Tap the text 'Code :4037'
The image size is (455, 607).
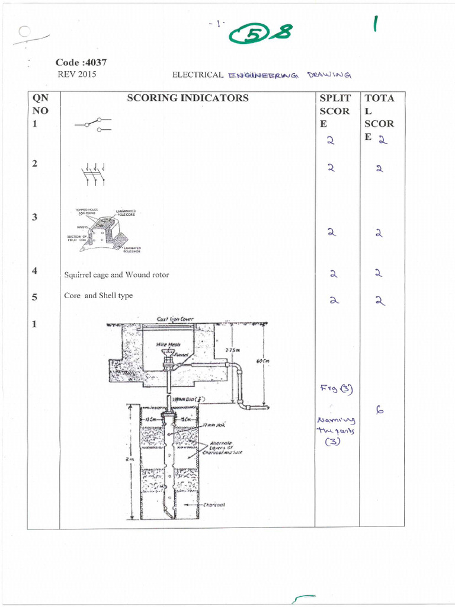tap(81, 63)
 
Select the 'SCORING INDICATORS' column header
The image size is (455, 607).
tap(188, 98)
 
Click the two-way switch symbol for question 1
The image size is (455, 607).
tap(93, 124)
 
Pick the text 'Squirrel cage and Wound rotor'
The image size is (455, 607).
tap(116, 275)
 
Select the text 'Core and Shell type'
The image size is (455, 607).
tap(98, 295)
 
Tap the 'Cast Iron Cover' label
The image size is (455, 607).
tap(175, 319)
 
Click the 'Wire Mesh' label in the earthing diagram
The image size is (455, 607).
tap(165, 344)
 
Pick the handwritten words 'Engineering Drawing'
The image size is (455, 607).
tap(290, 75)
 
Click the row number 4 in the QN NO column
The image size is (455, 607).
tap(35, 271)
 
